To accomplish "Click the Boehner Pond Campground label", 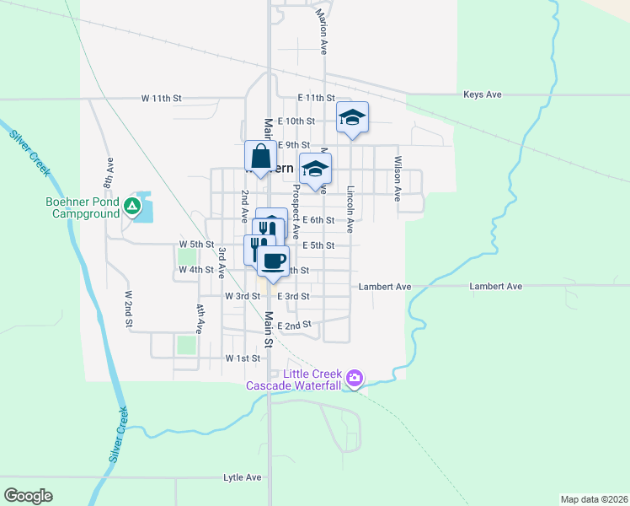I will point(82,208).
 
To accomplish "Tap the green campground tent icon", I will point(132,206).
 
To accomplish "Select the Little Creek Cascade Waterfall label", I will point(292,379).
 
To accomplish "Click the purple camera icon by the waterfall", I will point(355,379).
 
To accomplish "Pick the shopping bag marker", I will point(260,157).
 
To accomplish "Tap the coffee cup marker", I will point(273,261).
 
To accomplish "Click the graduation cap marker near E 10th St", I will point(352,118).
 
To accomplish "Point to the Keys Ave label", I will point(483,94).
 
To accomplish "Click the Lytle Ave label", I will point(243,477).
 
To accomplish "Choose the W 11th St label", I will point(162,98).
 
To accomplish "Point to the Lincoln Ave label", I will point(350,209).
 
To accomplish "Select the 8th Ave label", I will point(109,172).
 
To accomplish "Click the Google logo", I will point(29,496).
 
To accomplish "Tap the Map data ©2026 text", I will point(594,498).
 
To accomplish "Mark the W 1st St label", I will point(243,358).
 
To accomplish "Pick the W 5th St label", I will point(196,245).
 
